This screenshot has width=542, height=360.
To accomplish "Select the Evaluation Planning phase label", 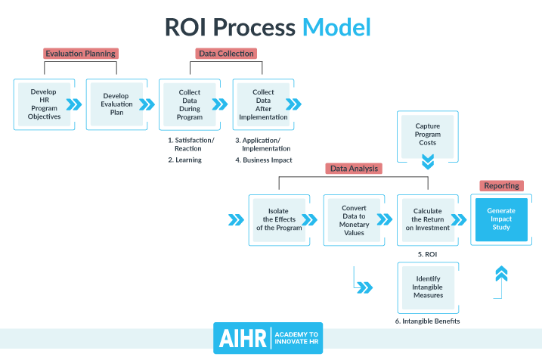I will (x=81, y=54).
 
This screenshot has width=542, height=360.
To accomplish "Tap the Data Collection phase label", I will (x=226, y=54).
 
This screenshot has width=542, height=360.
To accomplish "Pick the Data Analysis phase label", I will (x=355, y=168).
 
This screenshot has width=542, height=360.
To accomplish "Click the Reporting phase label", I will (x=500, y=185).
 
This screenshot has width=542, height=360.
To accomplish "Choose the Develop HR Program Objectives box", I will (x=44, y=104).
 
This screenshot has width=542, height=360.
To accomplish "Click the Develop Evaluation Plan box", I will (x=116, y=104).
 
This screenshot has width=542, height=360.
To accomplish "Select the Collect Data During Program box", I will (x=189, y=104).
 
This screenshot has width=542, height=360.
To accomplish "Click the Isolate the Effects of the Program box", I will (x=277, y=219).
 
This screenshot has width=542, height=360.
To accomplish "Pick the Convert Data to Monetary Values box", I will (x=353, y=219).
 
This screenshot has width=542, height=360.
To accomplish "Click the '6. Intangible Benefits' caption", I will (x=427, y=321).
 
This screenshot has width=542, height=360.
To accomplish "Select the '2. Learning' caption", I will (x=184, y=160).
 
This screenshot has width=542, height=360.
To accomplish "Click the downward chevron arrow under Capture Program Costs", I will (x=427, y=162).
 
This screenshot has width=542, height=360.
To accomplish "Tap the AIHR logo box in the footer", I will (x=240, y=339).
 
